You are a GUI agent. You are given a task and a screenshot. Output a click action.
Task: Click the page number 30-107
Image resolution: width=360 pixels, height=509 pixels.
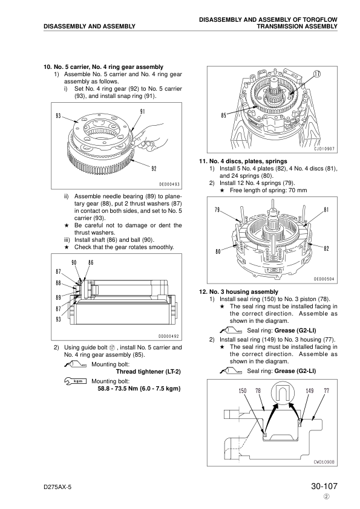click(324, 486)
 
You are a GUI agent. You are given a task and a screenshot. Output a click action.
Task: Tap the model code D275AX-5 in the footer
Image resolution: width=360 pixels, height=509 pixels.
click(57, 488)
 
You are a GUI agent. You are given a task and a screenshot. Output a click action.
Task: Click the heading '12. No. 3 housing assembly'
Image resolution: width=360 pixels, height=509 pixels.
click(239, 292)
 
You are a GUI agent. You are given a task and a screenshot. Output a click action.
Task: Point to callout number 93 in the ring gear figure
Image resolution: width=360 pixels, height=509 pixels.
click(59, 116)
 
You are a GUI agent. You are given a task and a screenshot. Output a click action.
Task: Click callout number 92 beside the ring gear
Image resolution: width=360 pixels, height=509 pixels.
click(154, 169)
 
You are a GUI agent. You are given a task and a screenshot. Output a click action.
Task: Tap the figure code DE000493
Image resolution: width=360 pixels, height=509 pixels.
click(169, 184)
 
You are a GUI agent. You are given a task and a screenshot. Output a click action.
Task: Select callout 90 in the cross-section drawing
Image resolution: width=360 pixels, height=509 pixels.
click(74, 262)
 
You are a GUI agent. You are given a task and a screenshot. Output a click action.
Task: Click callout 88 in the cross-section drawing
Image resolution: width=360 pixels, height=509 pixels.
click(59, 283)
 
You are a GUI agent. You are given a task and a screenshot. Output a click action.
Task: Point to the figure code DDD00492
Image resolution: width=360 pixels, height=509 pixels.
click(169, 336)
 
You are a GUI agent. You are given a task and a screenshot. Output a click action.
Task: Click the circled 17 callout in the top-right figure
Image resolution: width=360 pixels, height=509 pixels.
click(317, 74)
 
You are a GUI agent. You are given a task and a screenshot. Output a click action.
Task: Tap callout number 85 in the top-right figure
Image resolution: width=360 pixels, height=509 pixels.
click(223, 115)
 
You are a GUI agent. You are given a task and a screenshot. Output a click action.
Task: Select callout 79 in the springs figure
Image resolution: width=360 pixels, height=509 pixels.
click(217, 210)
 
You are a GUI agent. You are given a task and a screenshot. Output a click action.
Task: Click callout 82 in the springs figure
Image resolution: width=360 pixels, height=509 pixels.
click(327, 248)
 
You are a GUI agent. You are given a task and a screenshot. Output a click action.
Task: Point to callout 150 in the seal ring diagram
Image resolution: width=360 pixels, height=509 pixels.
click(243, 391)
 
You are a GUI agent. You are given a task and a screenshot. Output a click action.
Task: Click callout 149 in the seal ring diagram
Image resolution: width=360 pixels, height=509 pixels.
click(310, 391)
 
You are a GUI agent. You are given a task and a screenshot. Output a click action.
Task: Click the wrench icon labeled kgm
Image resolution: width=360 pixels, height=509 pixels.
click(76, 381)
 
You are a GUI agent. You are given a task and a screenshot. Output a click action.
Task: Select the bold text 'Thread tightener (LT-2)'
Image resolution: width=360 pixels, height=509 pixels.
click(148, 372)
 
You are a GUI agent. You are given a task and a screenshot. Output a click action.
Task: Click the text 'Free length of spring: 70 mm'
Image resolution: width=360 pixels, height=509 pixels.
click(269, 190)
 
